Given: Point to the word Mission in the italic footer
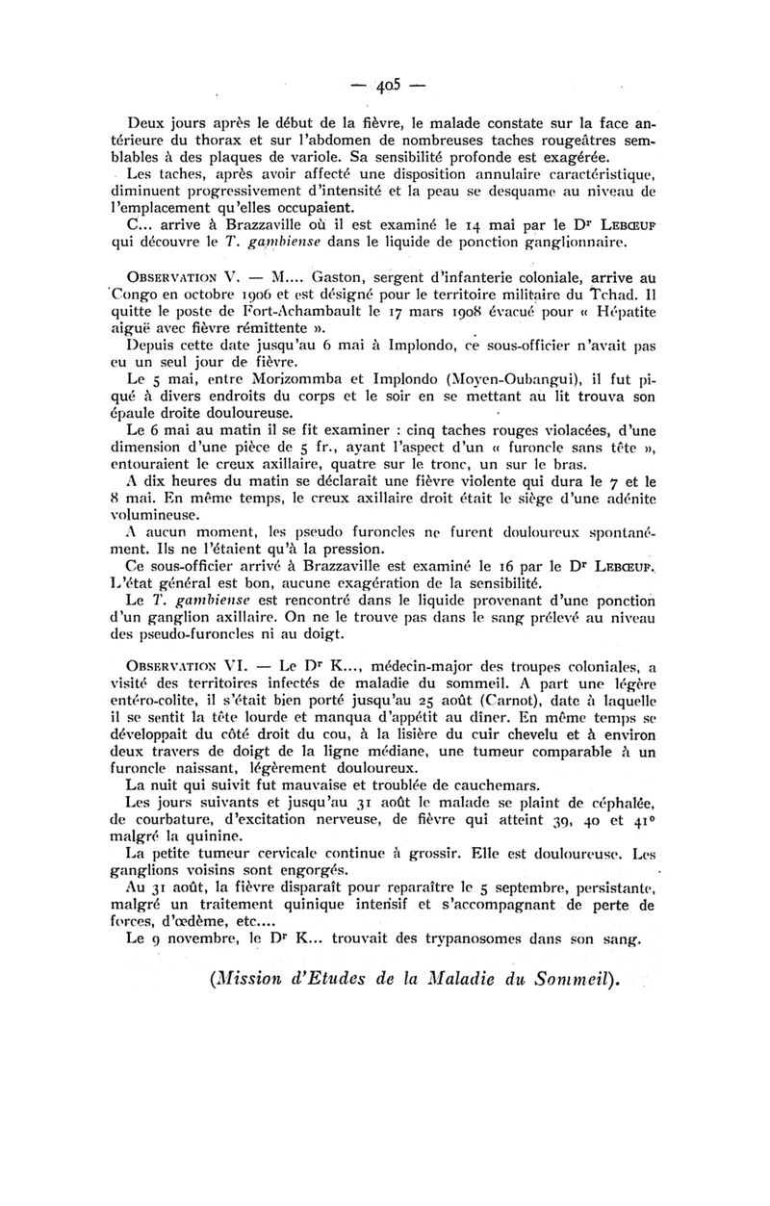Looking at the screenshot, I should [254, 982].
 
